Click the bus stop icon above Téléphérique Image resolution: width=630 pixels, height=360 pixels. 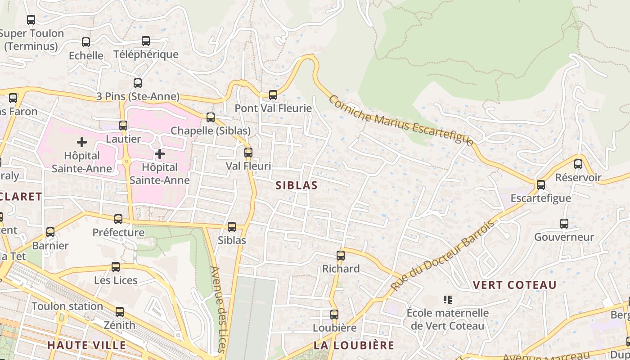click(146, 41)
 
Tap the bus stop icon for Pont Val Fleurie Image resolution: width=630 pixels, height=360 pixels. click(273, 95)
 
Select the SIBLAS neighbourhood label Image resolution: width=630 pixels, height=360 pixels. click(297, 185)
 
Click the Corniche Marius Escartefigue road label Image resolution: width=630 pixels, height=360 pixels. click(400, 120)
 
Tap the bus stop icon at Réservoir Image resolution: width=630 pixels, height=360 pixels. click(578, 164)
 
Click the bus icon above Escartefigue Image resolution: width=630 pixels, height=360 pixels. click(541, 185)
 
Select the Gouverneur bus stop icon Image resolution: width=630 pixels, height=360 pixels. click(564, 224)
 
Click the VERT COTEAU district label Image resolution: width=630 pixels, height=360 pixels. click(515, 285)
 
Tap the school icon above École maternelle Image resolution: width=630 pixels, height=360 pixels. click(448, 299)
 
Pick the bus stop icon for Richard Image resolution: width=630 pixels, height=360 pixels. click(341, 256)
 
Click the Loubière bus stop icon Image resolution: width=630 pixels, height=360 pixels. click(334, 315)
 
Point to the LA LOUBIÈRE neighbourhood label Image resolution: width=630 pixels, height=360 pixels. click(354, 346)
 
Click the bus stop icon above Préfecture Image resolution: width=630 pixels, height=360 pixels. click(118, 219)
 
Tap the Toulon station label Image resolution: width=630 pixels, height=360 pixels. click(67, 306)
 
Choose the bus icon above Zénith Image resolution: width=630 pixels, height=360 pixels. click(120, 311)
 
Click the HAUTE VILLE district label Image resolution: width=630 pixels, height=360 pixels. click(86, 346)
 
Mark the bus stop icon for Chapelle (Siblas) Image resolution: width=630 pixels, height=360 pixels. click(211, 117)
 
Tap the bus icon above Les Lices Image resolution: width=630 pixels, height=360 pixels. click(116, 267)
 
